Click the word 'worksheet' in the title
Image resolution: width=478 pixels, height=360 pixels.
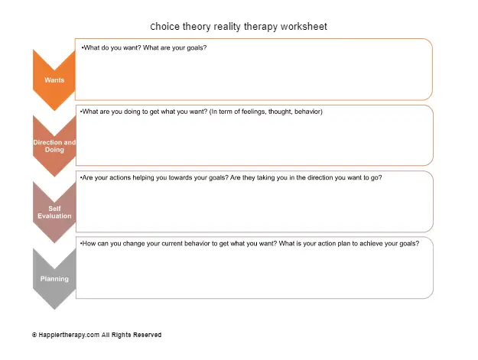(x=304, y=27)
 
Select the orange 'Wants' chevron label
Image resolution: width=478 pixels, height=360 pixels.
(x=54, y=80)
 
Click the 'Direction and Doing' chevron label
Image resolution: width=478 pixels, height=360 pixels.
(x=54, y=146)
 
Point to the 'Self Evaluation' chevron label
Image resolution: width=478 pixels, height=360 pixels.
(x=54, y=212)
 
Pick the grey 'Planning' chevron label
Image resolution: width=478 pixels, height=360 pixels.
(x=54, y=279)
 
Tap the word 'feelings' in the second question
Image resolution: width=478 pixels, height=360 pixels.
(x=253, y=112)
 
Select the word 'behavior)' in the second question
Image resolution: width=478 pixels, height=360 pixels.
(x=308, y=112)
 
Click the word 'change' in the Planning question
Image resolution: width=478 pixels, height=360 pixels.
(x=134, y=244)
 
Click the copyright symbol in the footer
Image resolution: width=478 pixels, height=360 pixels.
(x=34, y=335)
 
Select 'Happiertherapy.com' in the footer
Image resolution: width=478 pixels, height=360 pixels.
(x=69, y=335)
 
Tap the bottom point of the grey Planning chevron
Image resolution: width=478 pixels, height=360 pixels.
(x=54, y=309)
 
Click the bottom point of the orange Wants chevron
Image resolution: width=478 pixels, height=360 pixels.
(x=54, y=110)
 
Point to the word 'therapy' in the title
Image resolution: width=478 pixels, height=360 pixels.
(x=261, y=27)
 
